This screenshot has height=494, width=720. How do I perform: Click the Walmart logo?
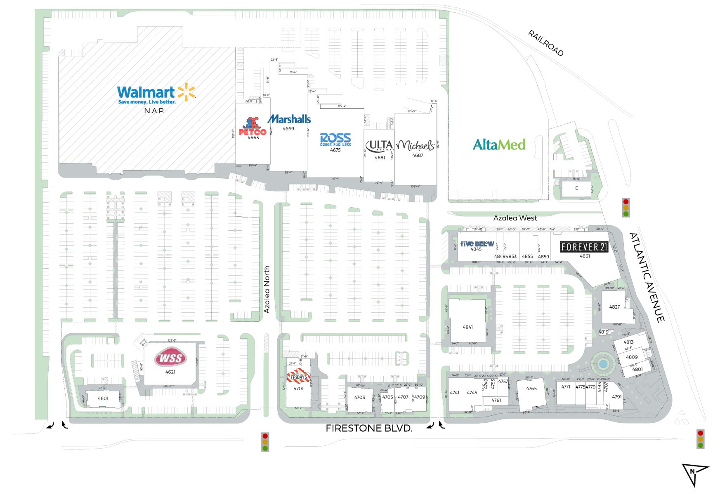(156, 94)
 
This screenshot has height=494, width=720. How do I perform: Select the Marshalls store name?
(289, 119)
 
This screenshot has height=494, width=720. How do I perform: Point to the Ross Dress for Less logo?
(335, 140)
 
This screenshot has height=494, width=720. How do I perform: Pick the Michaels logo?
(416, 145)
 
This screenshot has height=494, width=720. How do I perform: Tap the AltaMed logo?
(499, 144)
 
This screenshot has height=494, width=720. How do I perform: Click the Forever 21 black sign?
(584, 247)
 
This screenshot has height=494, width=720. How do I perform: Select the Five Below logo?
(477, 243)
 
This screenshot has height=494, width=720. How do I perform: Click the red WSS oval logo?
(170, 358)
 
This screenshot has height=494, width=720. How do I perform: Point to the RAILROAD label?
(545, 43)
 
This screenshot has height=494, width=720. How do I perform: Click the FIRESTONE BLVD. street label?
(369, 428)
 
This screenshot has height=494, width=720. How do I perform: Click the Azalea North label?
(267, 289)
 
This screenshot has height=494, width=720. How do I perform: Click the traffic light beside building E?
(626, 208)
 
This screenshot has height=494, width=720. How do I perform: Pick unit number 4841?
(467, 327)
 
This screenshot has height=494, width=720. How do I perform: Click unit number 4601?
(103, 398)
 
